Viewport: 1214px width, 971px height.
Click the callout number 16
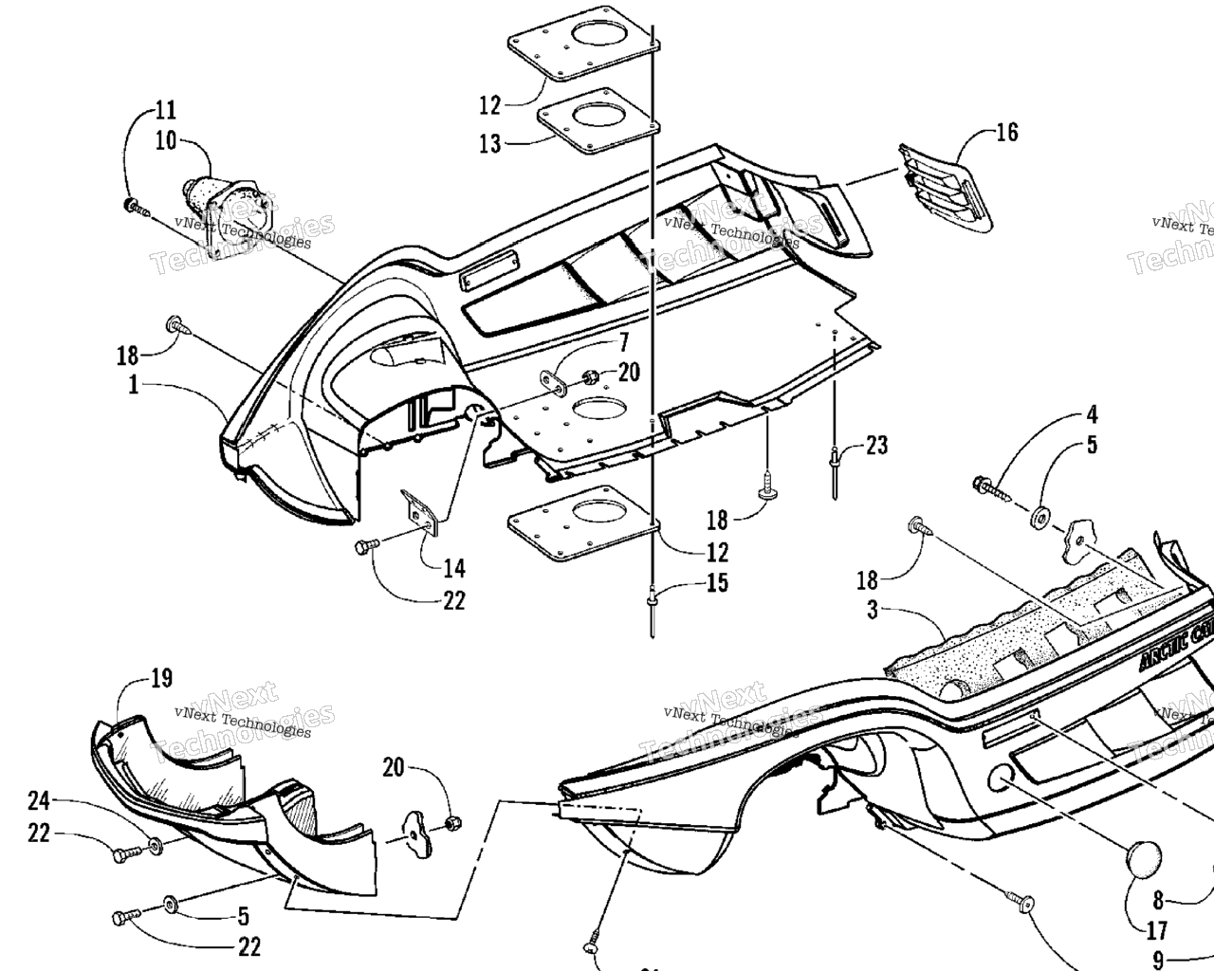tap(1006, 132)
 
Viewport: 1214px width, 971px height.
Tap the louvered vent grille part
tap(945, 187)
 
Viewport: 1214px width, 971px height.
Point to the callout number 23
tap(876, 444)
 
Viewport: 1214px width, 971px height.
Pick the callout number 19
tap(161, 678)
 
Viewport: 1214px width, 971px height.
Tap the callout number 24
tap(38, 802)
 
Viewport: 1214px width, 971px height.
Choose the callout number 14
tap(454, 568)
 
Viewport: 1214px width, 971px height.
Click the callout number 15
tap(717, 582)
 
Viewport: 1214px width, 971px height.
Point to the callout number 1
tap(134, 386)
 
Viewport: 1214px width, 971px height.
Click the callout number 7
tap(624, 340)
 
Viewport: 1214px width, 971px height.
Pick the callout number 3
tap(872, 609)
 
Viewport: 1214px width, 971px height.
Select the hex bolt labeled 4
tap(987, 488)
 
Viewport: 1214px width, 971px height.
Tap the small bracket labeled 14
tap(421, 511)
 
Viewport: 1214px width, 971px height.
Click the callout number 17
tap(1156, 930)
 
